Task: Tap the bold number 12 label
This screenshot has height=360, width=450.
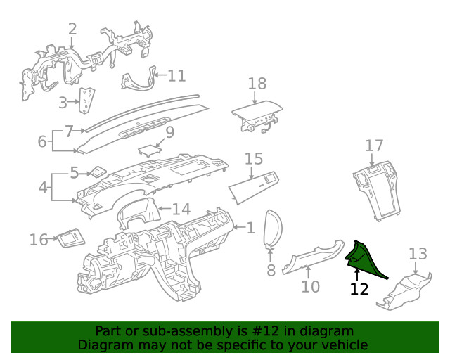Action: [x=359, y=289]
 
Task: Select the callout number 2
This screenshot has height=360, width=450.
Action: [x=72, y=29]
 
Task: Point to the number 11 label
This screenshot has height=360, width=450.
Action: [x=176, y=75]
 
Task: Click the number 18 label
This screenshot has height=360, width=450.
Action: [x=257, y=84]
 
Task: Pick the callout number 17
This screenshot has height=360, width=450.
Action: [x=374, y=146]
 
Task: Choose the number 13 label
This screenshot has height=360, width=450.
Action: [x=418, y=253]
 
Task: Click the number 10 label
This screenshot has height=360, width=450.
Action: [x=310, y=286]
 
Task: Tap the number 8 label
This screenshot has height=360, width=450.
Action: [x=271, y=270]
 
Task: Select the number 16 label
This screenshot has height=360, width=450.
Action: [x=38, y=240]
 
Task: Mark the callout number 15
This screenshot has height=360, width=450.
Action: [x=253, y=159]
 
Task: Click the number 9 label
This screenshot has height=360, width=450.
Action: [x=169, y=131]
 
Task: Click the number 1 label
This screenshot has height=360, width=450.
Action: [x=250, y=227]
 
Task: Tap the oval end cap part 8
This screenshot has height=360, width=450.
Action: [x=272, y=229]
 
